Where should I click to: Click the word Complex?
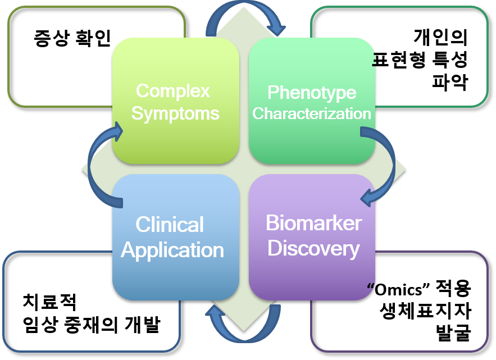[172, 90]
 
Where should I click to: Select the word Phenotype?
[311, 92]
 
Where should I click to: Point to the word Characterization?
[311, 113]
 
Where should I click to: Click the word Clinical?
[170, 225]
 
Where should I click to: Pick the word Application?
[172, 249]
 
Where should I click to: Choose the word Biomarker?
[313, 223]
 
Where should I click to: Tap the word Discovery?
[313, 248]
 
